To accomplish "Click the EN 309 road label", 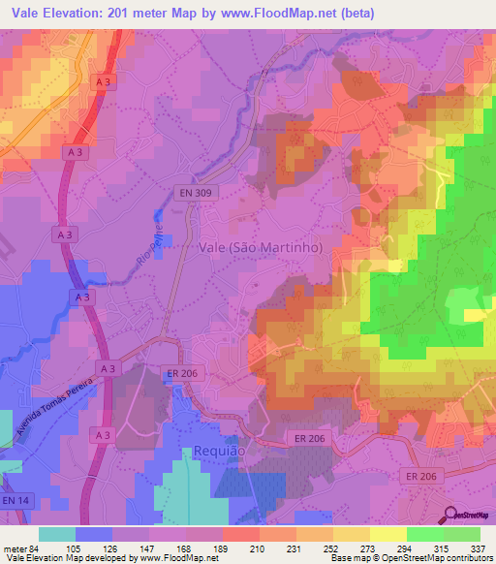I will pyautogui.click(x=194, y=194).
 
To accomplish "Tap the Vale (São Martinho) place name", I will pyautogui.click(x=259, y=247).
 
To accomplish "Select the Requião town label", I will pyautogui.click(x=221, y=451).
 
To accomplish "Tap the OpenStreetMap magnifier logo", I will pyautogui.click(x=450, y=514).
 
